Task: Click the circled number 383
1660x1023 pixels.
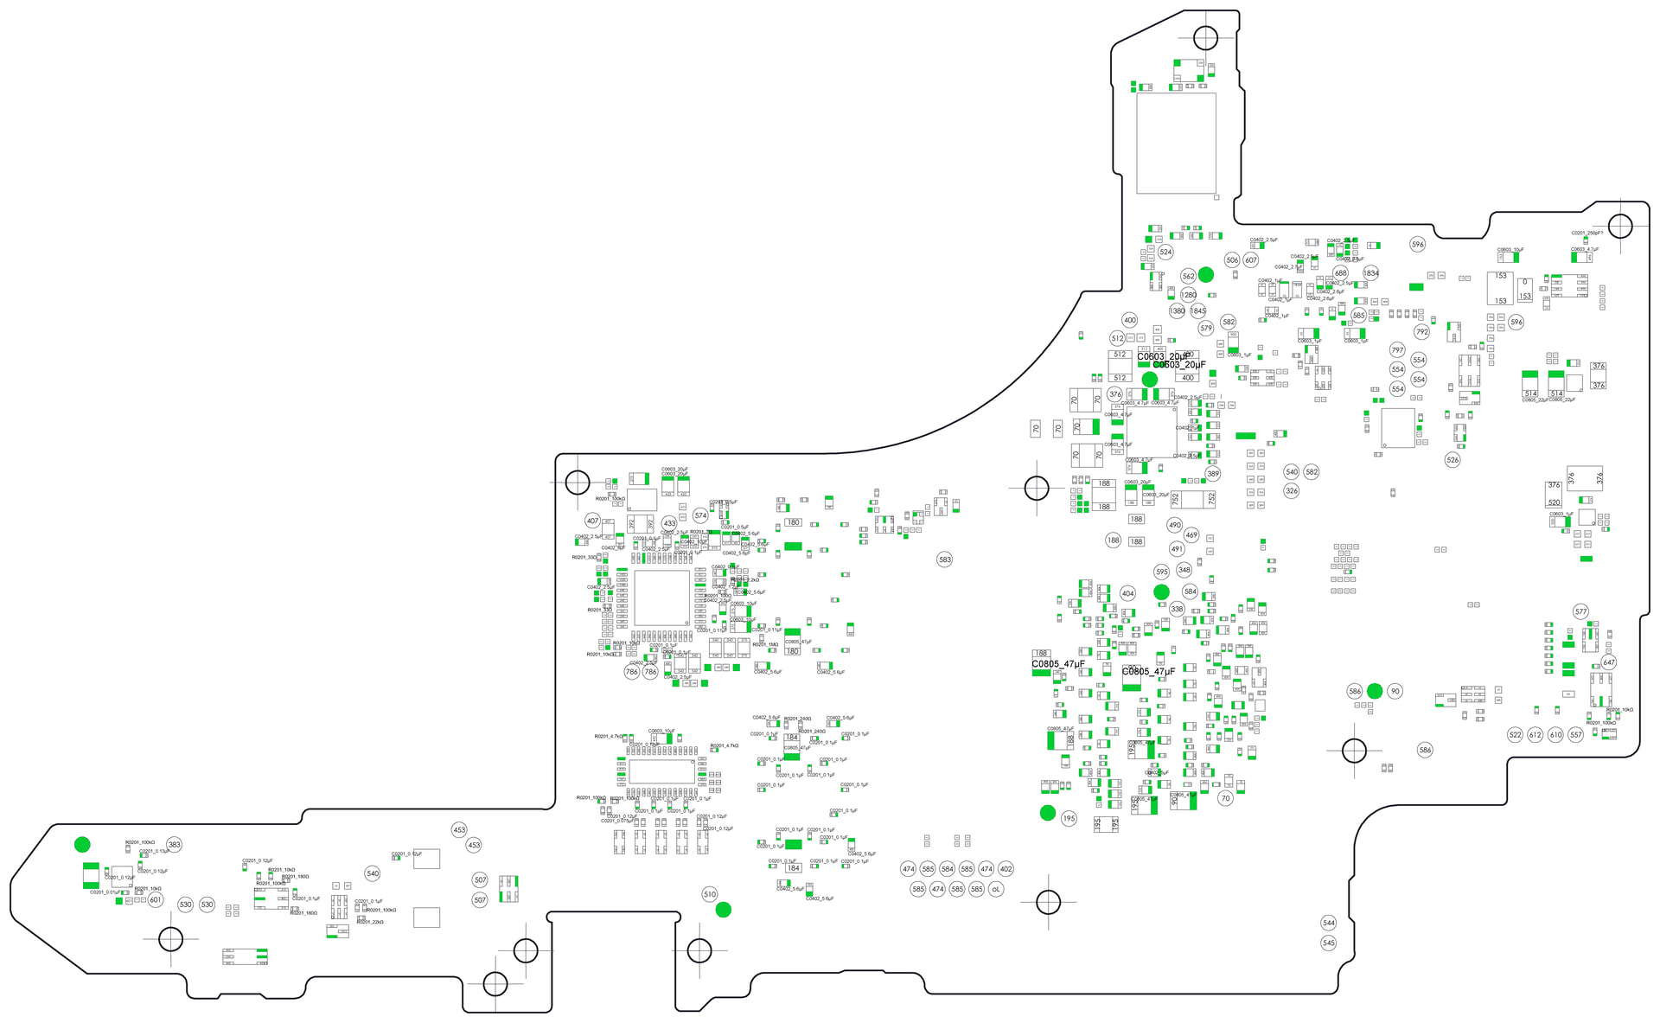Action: (x=175, y=845)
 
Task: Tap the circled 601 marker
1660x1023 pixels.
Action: (x=156, y=900)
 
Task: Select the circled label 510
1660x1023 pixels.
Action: (x=710, y=895)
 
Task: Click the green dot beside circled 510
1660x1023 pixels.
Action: (x=724, y=910)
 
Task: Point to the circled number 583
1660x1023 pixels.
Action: (x=945, y=559)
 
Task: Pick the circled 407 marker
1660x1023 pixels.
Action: (x=592, y=521)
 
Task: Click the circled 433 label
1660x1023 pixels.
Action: (x=669, y=523)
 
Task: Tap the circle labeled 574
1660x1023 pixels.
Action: (x=700, y=515)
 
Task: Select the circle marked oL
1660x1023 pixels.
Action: (x=996, y=889)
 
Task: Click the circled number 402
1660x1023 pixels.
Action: (x=1006, y=869)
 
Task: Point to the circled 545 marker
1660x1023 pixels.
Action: (x=1329, y=943)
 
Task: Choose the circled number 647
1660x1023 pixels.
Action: (x=1609, y=662)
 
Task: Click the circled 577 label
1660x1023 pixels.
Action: (x=1581, y=611)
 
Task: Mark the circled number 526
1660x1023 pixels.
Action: (x=1452, y=460)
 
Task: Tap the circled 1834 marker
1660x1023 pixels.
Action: (x=1371, y=273)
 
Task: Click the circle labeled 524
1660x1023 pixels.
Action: (x=1165, y=253)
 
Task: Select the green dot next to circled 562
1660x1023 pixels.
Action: (x=1206, y=274)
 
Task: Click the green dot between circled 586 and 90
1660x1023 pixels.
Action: (x=1375, y=691)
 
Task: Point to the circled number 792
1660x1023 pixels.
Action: (x=1422, y=332)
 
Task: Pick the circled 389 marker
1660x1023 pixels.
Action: (x=1213, y=474)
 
